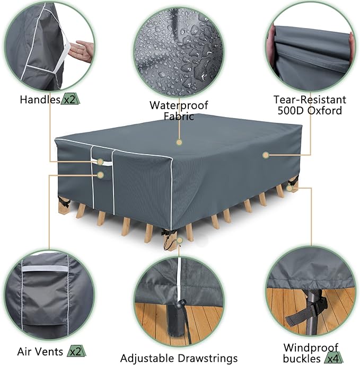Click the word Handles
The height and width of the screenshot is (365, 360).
pyautogui.click(x=40, y=99)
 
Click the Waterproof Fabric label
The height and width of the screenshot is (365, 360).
pyautogui.click(x=179, y=110)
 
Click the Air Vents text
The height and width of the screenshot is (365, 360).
pyautogui.click(x=39, y=351)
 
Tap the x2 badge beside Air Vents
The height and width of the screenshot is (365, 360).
pyautogui.click(x=73, y=351)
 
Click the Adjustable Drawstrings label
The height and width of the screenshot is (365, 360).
pyautogui.click(x=179, y=359)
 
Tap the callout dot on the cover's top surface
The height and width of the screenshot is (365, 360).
pyautogui.click(x=179, y=142)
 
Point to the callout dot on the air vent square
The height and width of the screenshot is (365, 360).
pyautogui.click(x=100, y=174)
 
